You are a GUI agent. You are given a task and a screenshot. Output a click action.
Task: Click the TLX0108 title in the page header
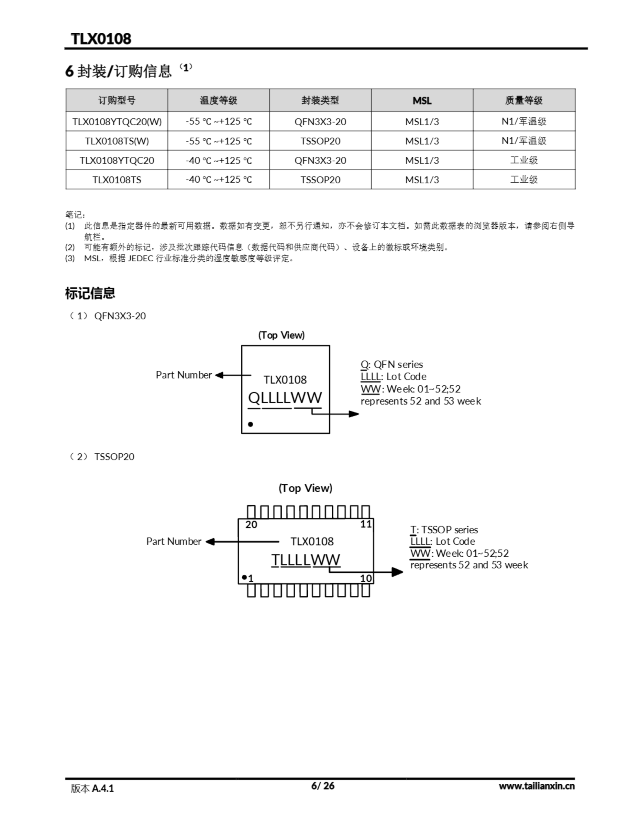pyautogui.click(x=101, y=39)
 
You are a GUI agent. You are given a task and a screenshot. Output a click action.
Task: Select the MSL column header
pyautogui.click(x=422, y=101)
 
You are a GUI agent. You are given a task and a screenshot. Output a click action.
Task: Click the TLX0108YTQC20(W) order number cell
pyautogui.click(x=117, y=122)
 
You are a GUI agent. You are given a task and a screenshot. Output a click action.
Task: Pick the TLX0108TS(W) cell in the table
pyautogui.click(x=117, y=141)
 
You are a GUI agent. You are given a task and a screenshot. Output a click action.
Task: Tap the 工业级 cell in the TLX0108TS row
pyautogui.click(x=524, y=179)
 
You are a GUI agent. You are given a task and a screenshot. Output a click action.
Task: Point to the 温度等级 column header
pyautogui.click(x=218, y=101)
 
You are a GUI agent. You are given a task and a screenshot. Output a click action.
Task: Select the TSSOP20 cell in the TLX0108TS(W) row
pyautogui.click(x=320, y=141)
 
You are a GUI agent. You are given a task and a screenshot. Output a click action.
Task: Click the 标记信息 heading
pyautogui.click(x=90, y=293)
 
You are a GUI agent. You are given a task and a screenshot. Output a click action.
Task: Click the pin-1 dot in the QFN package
pyautogui.click(x=250, y=424)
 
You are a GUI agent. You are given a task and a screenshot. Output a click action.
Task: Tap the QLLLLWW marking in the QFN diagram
pyautogui.click(x=285, y=398)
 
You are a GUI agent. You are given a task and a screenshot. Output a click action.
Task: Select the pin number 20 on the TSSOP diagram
pyautogui.click(x=251, y=525)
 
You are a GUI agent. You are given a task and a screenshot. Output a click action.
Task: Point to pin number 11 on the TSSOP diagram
pyautogui.click(x=366, y=524)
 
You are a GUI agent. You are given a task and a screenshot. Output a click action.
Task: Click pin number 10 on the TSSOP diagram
pyautogui.click(x=366, y=578)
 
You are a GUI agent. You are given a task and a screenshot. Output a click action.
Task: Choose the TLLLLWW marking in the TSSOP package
pyautogui.click(x=306, y=560)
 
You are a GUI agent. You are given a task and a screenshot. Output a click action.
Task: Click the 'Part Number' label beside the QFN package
pyautogui.click(x=183, y=375)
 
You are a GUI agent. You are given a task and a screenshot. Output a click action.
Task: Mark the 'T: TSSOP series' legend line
pyautogui.click(x=444, y=529)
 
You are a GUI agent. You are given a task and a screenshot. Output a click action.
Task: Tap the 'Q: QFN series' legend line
pyautogui.click(x=392, y=364)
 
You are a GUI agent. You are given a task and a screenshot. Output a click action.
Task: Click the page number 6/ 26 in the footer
pyautogui.click(x=323, y=785)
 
